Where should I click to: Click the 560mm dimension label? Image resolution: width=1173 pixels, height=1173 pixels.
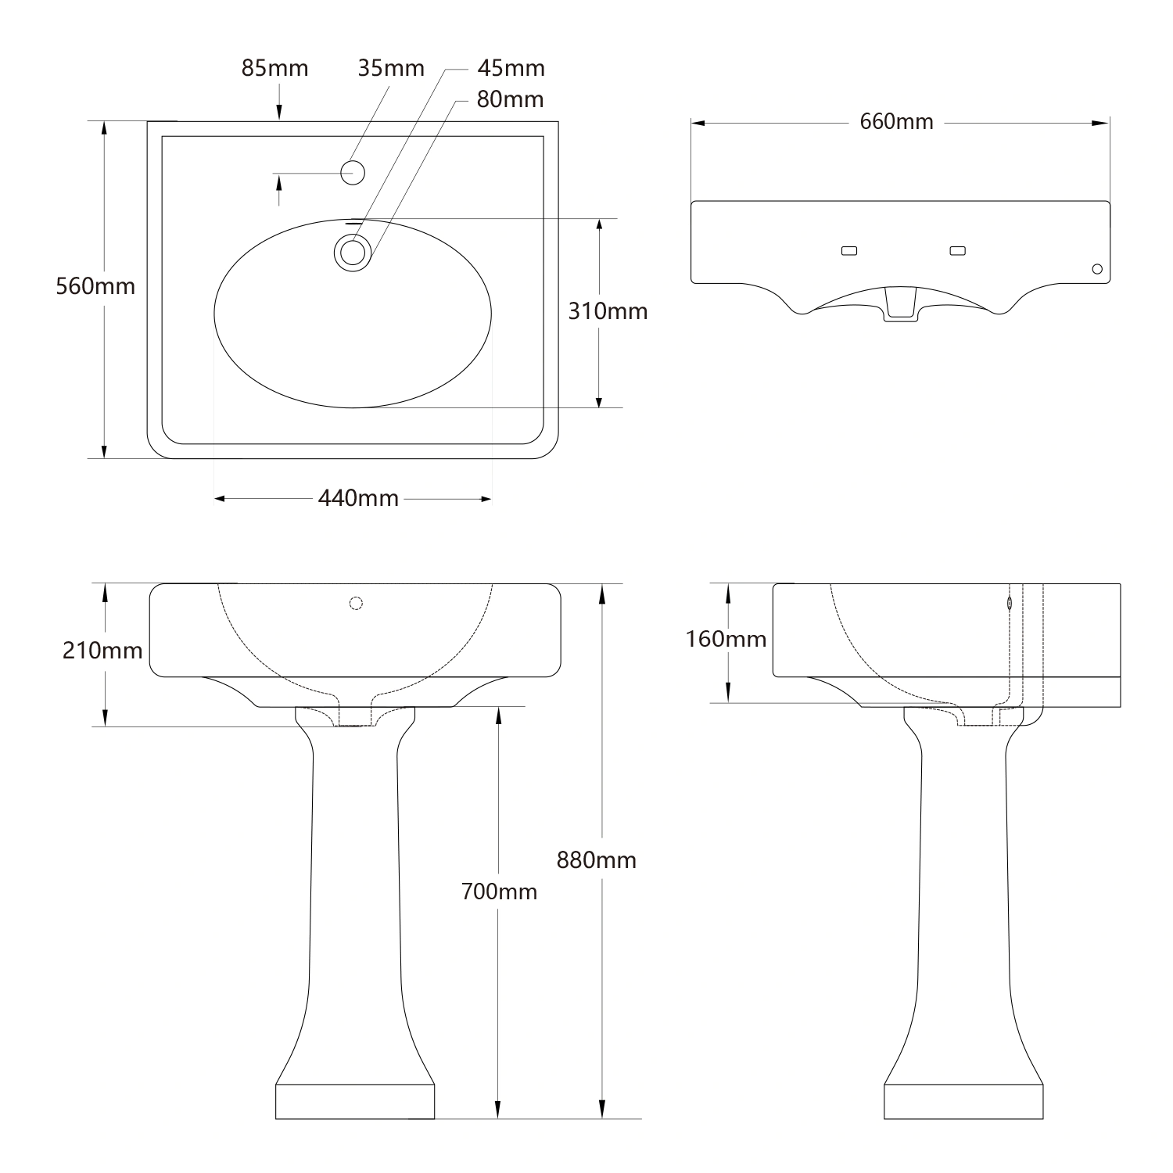[x=95, y=286]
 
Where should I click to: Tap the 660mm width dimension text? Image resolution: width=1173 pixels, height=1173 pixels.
[x=896, y=122]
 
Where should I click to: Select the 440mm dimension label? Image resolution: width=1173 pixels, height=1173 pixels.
[x=358, y=498]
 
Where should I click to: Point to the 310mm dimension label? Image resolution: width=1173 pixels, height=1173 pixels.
[x=608, y=311]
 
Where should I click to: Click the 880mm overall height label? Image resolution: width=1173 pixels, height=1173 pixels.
[x=596, y=860]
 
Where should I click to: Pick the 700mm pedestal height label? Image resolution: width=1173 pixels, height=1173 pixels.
[x=499, y=891]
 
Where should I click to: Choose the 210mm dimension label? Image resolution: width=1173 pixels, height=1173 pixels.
[x=102, y=651]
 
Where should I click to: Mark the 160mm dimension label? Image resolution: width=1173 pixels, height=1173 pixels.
[x=726, y=640]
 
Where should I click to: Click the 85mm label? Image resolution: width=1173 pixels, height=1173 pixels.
[x=274, y=69]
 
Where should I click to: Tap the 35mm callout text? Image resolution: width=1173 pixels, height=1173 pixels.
[x=391, y=69]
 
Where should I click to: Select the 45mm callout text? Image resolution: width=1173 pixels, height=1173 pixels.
[x=511, y=69]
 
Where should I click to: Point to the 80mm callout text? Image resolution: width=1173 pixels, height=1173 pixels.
[x=511, y=100]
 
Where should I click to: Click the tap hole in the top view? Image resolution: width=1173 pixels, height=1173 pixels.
[x=353, y=172]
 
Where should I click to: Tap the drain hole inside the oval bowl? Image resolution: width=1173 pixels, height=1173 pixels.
[x=353, y=253]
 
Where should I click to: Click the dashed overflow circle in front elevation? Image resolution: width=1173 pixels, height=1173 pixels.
[x=356, y=603]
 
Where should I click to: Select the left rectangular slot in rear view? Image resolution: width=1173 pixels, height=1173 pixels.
[x=848, y=251]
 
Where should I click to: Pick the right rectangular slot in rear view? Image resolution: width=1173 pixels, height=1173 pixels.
[x=957, y=251]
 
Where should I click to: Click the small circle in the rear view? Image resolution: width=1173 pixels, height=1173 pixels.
[x=1097, y=269]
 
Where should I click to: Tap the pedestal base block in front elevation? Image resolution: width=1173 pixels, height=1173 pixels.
[x=355, y=1102]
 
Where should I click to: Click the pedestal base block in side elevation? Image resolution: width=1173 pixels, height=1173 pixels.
[x=963, y=1102]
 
